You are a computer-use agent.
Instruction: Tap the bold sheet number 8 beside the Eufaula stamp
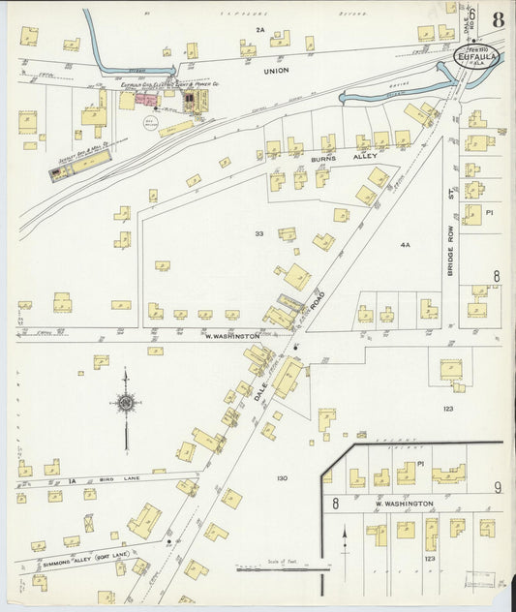tap(497, 20)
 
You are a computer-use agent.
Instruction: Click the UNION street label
tap(277, 72)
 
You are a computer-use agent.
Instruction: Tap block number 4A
tap(405, 245)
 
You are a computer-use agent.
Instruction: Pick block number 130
tap(282, 478)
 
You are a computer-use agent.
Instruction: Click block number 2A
tap(259, 31)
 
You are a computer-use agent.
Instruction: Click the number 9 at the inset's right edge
tap(498, 486)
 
